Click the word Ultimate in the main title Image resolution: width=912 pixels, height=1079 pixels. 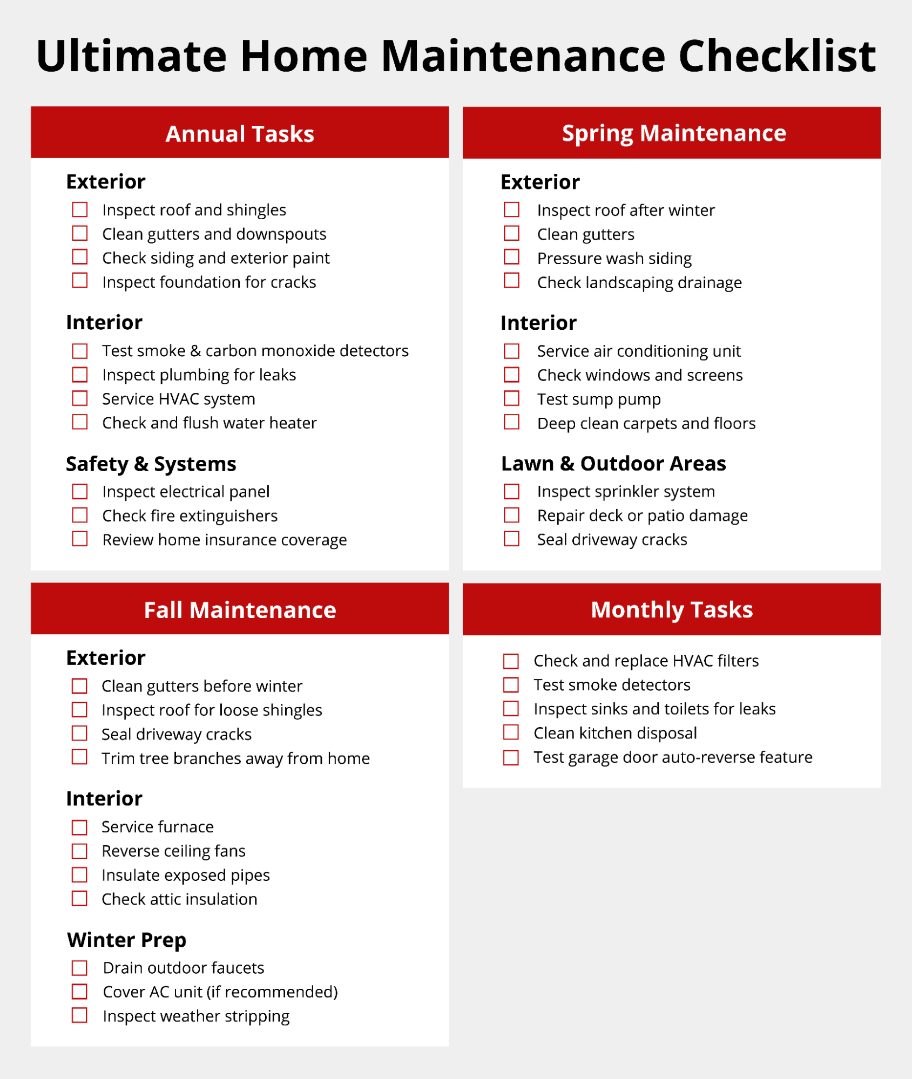[131, 56]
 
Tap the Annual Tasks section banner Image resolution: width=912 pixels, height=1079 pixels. [240, 133]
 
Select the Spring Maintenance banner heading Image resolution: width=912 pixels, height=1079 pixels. [673, 133]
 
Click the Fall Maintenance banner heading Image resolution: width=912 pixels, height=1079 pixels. [240, 610]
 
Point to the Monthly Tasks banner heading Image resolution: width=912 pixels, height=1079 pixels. [671, 609]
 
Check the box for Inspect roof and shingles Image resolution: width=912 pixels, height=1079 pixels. [80, 209]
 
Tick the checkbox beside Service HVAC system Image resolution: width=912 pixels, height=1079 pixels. [80, 398]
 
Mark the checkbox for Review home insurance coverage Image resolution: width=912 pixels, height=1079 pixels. [80, 539]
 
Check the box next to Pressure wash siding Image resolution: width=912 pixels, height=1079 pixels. [511, 257]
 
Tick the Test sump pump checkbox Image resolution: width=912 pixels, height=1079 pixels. [511, 398]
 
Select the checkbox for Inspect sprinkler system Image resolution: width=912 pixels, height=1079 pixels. [511, 491]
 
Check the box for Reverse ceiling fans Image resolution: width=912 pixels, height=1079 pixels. [79, 851]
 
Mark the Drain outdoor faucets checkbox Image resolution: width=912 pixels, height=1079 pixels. [79, 968]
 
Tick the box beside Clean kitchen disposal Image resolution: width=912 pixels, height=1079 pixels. [511, 732]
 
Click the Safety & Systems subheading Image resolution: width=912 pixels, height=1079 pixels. [151, 464]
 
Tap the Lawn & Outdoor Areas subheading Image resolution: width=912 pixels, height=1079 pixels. [613, 463]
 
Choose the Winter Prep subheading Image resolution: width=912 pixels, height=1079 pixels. [126, 940]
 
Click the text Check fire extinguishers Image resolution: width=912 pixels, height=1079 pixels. [190, 515]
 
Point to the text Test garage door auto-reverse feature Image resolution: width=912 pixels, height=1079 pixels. [673, 757]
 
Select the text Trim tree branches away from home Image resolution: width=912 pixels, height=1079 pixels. [235, 758]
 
